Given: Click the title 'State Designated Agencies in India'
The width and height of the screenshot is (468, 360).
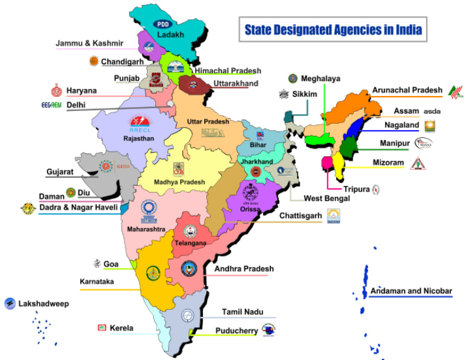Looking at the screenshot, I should (332, 30).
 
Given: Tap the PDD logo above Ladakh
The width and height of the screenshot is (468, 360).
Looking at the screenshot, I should (161, 24).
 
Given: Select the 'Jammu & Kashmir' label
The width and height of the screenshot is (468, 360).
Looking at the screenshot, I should (89, 43).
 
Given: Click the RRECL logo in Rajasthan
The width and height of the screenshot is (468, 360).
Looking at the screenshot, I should (140, 123).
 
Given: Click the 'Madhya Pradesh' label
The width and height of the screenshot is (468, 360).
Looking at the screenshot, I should (179, 182).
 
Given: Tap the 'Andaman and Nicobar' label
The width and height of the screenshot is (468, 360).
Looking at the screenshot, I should (411, 291).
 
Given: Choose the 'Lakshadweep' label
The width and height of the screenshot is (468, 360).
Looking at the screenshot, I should (44, 304).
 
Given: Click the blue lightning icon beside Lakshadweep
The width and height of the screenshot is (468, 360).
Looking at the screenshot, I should (10, 303).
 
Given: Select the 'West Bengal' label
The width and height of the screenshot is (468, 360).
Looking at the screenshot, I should (327, 198).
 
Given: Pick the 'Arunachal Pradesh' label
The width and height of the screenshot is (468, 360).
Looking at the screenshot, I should (407, 90).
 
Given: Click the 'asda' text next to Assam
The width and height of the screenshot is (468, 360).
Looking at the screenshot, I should (432, 112).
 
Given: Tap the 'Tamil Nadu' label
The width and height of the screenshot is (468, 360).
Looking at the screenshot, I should (242, 312).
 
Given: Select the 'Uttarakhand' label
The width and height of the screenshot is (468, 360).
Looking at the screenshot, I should (236, 84).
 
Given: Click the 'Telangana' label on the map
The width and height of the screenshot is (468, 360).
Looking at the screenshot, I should (190, 243).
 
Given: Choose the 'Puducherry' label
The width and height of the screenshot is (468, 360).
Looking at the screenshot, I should (236, 331).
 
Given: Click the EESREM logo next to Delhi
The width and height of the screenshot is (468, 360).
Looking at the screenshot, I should (51, 105).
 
